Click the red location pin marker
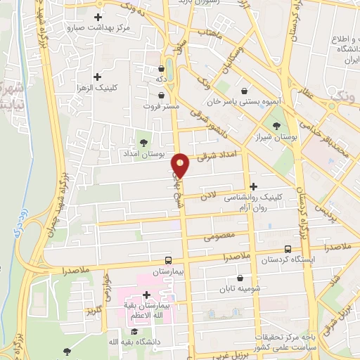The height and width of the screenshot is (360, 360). coord(181,166)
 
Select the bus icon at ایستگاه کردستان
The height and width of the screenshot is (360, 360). coord(288,249)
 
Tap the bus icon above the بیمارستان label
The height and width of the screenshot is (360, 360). coord(167,259)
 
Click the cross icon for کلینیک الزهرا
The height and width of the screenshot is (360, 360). coord(97,76)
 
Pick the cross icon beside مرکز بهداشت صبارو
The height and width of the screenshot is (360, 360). coord(97,17)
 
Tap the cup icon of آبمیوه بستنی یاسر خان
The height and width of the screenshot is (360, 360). coord(244,91)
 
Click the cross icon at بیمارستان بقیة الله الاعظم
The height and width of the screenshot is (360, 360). coord(146,295)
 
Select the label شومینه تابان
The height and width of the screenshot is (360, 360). coord(236,289)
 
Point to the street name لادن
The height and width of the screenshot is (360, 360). coord(213,193)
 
